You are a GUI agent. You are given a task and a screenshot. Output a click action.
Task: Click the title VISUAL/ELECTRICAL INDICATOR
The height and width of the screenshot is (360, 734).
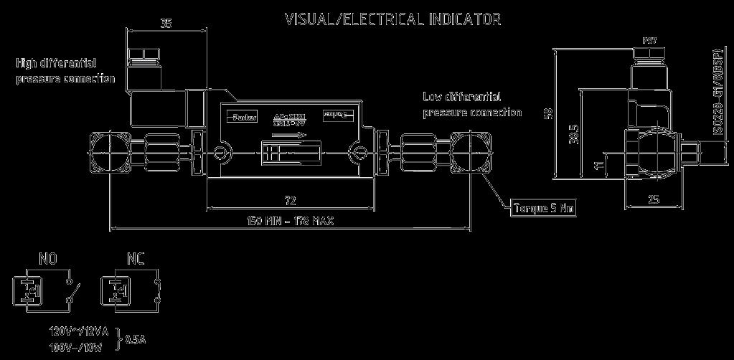coord(392,19)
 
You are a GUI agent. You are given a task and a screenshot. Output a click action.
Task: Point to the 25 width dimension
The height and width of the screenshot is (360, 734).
coord(654,200)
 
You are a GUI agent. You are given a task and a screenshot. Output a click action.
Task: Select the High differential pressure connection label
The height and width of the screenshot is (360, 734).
coord(65,71)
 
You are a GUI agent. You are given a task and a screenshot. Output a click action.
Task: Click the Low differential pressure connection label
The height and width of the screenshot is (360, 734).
coord(471,105)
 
